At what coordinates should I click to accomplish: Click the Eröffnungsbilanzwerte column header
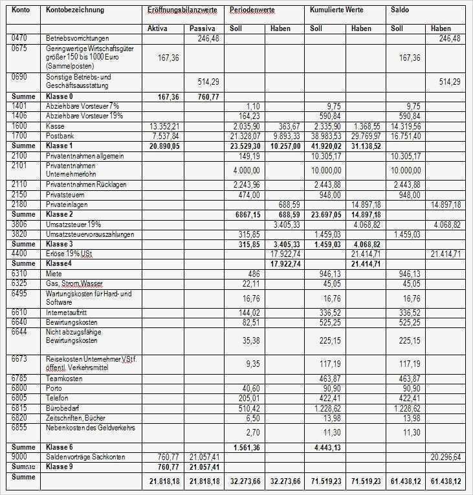coord(182,10)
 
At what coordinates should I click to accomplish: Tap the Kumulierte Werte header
coord(336,10)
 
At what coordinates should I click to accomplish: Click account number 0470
coord(20,39)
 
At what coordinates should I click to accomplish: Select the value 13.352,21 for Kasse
coord(164,126)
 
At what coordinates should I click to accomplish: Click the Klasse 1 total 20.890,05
coord(164,146)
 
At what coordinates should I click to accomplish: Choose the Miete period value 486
coord(253,274)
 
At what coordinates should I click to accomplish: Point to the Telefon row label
coord(57,398)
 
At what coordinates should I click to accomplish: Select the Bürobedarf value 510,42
coord(248,408)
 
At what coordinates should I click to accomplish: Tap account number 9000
coord(20,457)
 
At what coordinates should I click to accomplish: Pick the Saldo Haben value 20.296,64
coord(445,457)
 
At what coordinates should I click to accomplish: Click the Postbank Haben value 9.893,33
coord(285,136)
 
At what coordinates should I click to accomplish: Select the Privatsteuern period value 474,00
coord(248,195)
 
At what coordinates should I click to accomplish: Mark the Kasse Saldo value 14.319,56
coord(406,126)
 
